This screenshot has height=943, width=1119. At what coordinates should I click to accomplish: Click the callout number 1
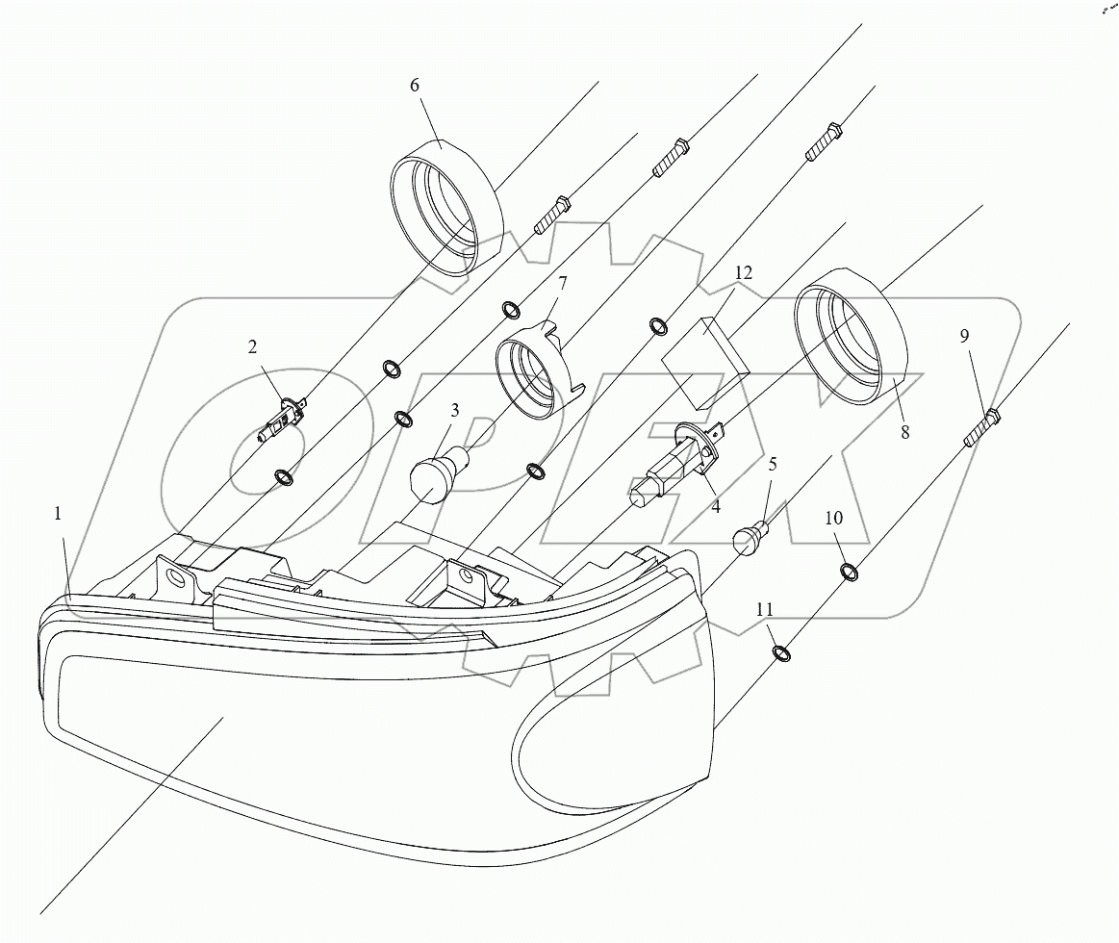click(58, 515)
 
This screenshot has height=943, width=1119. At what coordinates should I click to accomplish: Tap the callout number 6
click(415, 86)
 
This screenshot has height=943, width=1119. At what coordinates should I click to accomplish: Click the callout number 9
click(964, 336)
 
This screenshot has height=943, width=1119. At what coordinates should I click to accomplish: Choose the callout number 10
click(833, 518)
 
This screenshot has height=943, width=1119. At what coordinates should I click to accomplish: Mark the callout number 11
click(764, 609)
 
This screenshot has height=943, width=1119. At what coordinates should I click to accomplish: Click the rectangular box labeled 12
click(705, 365)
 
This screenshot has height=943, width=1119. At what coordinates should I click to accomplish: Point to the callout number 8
click(904, 433)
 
